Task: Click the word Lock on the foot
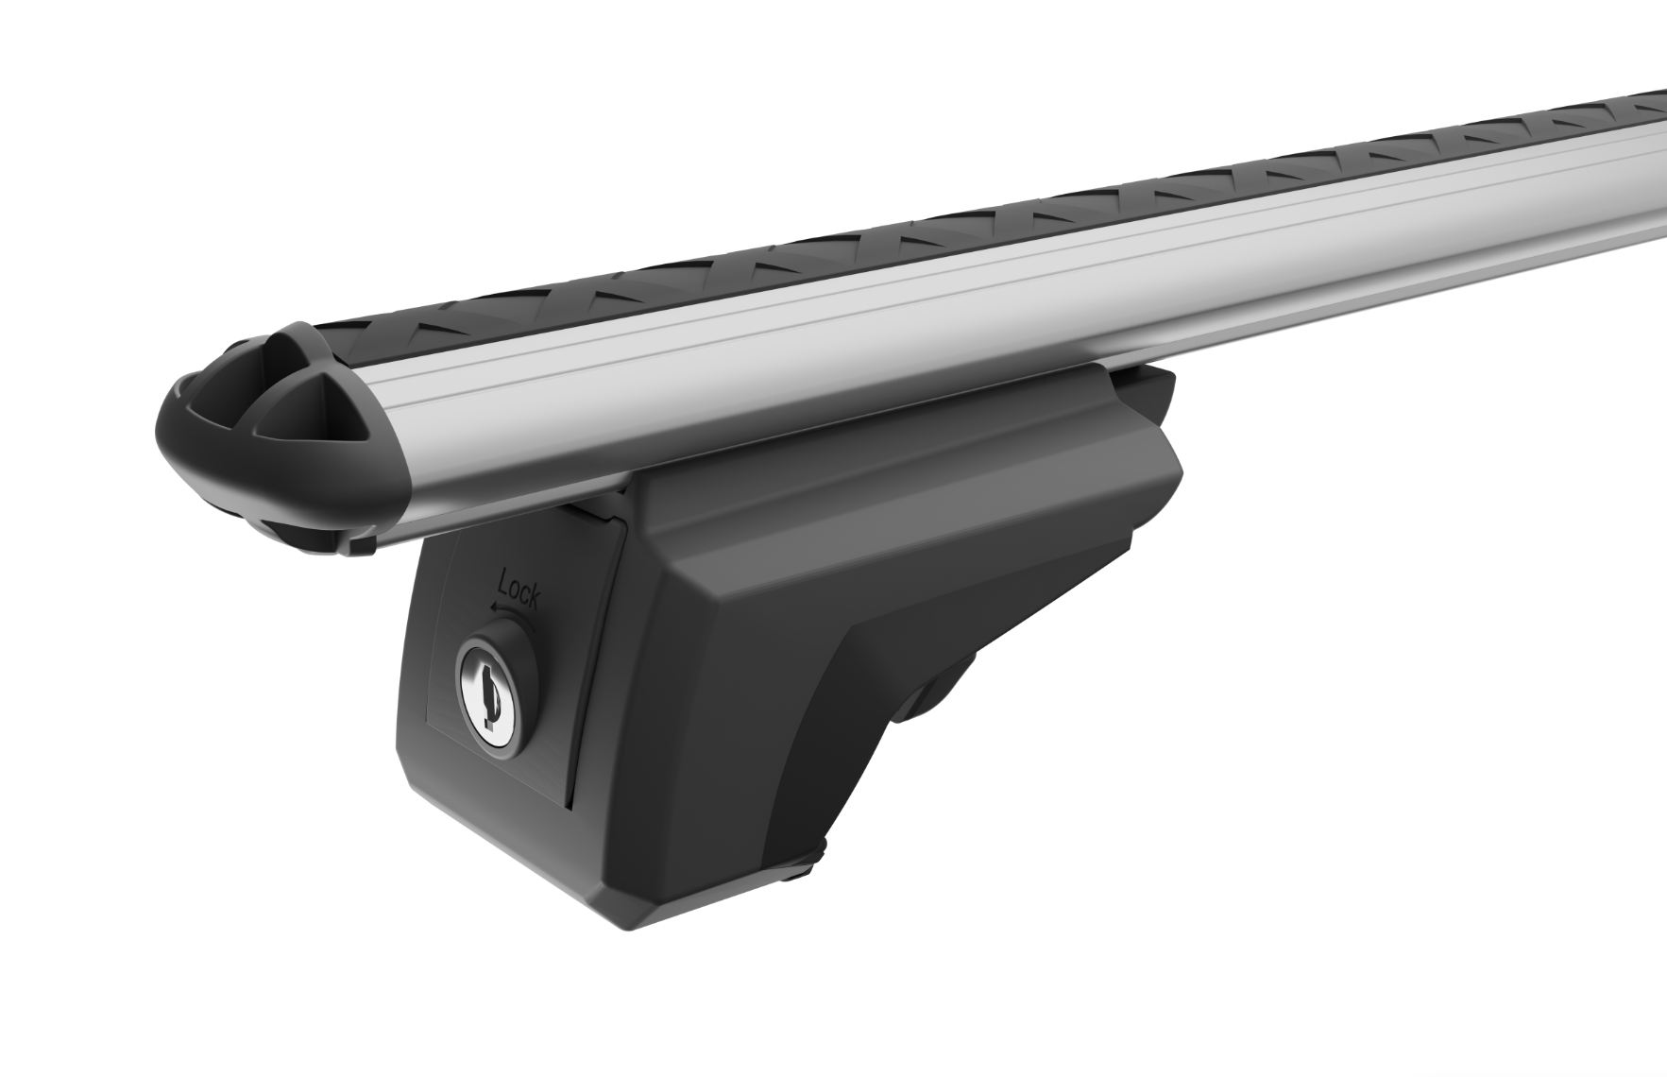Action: (x=519, y=593)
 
